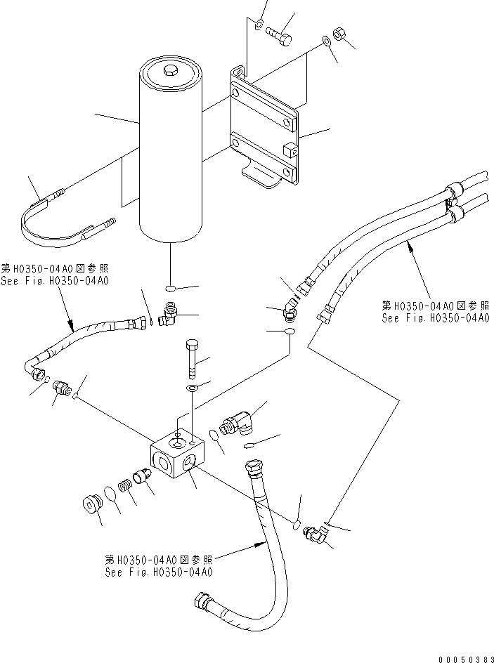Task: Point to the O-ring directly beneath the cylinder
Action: [171, 288]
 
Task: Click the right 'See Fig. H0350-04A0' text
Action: [436, 317]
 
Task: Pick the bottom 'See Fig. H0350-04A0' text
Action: [159, 572]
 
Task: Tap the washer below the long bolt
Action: [193, 387]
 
